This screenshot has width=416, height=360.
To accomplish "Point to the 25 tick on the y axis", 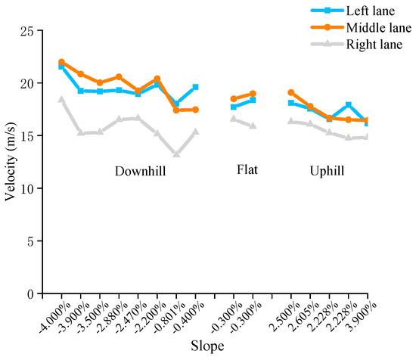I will coord(26,31).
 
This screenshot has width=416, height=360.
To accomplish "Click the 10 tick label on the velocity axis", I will coord(26,188).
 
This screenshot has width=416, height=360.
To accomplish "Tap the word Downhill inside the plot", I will coord(140,171).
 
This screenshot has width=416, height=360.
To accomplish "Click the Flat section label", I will coord(247,169).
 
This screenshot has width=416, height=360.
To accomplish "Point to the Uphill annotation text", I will coord(327,171).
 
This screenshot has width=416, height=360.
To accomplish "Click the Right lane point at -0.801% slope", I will coord(176,154).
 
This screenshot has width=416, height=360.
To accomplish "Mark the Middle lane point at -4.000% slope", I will coord(61,62).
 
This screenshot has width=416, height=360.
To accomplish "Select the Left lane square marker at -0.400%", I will coord(195,87).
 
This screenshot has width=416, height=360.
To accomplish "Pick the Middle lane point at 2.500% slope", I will coord(291,92).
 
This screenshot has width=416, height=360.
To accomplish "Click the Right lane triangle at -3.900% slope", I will coord(80,132).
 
